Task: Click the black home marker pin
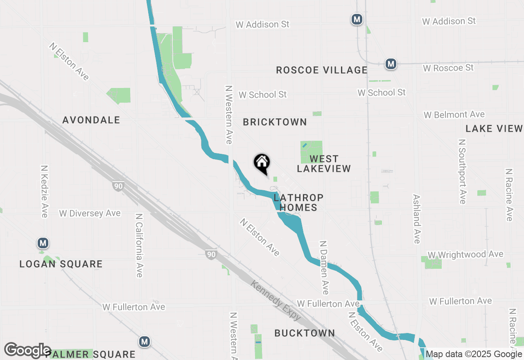point(262,163)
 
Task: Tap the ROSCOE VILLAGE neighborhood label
point(321,70)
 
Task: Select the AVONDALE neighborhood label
point(91,120)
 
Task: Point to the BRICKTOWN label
point(275,122)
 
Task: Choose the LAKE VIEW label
point(494,129)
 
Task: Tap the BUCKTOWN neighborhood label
point(305,333)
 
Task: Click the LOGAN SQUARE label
point(61,264)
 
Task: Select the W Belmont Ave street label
point(454,115)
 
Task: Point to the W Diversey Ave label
point(90,214)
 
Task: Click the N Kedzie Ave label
point(45,191)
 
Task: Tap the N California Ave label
point(139,245)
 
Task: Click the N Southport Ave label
point(462,171)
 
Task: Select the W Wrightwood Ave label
point(465,255)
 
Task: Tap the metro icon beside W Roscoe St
point(391,64)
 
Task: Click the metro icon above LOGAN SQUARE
point(43,243)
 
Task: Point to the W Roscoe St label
point(448,68)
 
